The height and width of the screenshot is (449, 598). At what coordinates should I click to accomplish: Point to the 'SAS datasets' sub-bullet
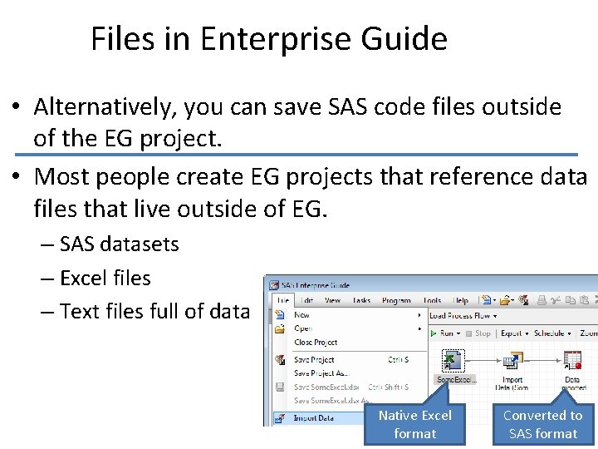point(119,244)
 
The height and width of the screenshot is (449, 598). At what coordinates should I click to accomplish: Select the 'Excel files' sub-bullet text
point(105,278)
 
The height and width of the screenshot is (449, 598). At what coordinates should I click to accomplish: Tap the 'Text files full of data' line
point(154,311)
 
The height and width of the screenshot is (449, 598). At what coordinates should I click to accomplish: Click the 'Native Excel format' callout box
point(414,424)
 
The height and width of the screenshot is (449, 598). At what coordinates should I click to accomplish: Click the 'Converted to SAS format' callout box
point(542,424)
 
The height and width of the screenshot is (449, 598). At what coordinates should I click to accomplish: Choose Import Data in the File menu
point(315,418)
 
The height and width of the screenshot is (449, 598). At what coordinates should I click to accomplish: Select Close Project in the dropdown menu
point(316,342)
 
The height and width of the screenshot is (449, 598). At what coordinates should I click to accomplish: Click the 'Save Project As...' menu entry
point(321,373)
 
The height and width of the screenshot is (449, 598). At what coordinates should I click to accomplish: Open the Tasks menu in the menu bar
point(360,300)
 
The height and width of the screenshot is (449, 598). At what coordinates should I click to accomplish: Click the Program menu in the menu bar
point(396,300)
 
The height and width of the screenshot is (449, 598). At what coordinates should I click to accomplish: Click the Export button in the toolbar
point(512,333)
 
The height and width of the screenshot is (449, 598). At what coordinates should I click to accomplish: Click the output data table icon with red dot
point(572,360)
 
